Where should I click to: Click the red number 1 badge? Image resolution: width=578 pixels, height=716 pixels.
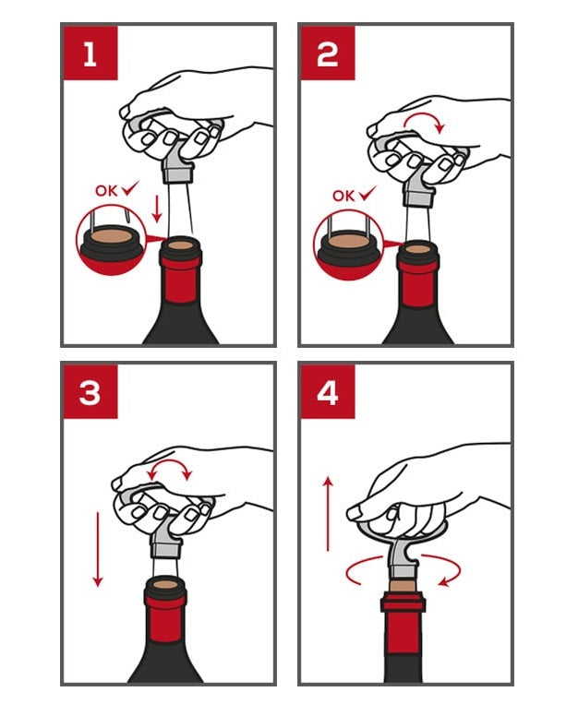(x=90, y=53)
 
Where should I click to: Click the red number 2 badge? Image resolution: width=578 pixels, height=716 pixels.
(x=327, y=53)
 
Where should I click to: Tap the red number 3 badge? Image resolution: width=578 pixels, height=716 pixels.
(x=90, y=391)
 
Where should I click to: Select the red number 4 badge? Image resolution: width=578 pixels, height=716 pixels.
(x=327, y=391)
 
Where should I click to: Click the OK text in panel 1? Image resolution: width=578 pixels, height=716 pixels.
(x=106, y=190)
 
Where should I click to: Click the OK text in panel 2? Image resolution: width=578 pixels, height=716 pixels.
(x=343, y=196)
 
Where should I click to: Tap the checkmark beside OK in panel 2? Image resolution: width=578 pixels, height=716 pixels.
(x=367, y=194)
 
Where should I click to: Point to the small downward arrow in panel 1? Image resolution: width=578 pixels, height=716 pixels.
(x=157, y=209)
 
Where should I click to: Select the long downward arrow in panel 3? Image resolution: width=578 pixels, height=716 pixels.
(x=97, y=549)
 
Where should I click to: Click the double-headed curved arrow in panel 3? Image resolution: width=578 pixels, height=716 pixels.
(x=169, y=462)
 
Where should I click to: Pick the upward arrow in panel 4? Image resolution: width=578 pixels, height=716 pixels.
(x=328, y=513)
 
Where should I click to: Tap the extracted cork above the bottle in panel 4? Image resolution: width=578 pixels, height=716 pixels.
(x=403, y=585)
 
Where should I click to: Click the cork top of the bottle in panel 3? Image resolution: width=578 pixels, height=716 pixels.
(x=165, y=584)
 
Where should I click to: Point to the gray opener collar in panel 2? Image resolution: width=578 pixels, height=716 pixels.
(x=417, y=199)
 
